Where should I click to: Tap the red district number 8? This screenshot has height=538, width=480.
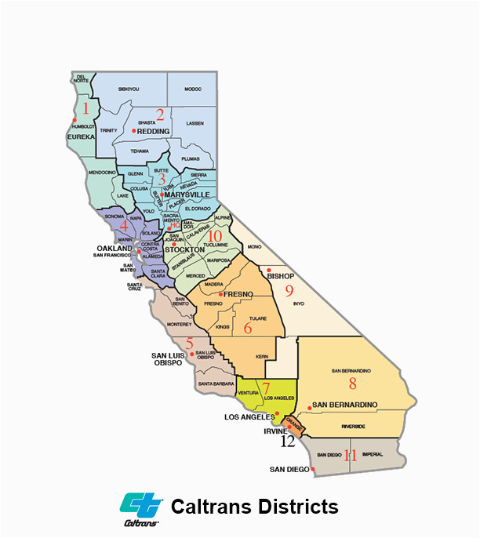[x=352, y=384]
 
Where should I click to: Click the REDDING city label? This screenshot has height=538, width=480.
[x=154, y=132]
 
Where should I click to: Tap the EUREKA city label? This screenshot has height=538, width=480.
[x=81, y=136]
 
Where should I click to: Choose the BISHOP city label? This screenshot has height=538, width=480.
[x=280, y=277]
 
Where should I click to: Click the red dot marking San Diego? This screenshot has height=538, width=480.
[x=313, y=470]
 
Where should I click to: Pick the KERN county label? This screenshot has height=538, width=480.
[x=261, y=357]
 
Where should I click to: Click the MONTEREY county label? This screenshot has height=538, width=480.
[x=179, y=324]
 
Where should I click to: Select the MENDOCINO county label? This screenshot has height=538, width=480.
[x=102, y=171]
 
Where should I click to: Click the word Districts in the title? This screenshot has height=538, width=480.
[x=296, y=507]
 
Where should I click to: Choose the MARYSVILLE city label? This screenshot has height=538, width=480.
[x=187, y=194]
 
